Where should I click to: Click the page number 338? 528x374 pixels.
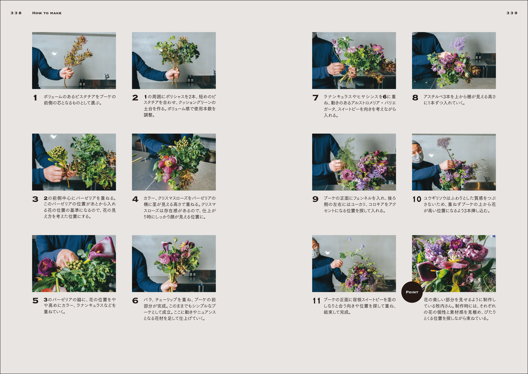16,13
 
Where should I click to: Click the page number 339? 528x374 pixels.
512,13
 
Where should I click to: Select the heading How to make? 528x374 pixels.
47,13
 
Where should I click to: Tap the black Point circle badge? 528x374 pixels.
412,292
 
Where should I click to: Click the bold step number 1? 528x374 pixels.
35,98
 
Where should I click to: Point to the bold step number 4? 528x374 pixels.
135,200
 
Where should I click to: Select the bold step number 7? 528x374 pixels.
315,98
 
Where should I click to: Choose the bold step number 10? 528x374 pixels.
417,200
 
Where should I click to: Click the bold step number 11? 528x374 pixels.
316,301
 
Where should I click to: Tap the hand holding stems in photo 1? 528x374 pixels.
66,73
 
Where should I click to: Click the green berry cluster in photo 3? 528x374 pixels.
58,152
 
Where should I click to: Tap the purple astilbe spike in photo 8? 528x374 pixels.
458,44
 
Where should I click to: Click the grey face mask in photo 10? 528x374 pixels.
418,157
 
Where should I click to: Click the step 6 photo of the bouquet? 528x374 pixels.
174,264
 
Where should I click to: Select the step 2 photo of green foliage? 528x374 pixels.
174,61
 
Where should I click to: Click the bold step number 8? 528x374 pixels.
415,98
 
